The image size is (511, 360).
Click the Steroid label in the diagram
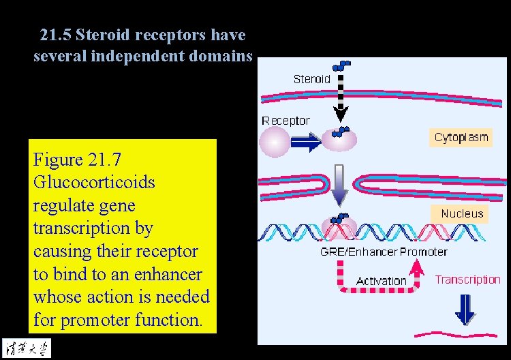coord(311,79)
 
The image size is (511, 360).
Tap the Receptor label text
coord(285,121)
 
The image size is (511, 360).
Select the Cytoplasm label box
coord(461,138)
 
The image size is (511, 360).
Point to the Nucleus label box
coord(461,213)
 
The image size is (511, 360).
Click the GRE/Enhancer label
coord(358,252)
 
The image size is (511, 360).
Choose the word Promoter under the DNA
coord(423,252)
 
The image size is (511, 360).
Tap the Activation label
coord(381,281)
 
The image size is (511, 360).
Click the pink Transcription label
coord(467,280)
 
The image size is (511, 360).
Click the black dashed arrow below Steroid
coord(341,95)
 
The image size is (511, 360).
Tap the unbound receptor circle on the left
coord(275,142)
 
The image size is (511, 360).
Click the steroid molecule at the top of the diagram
coord(341,65)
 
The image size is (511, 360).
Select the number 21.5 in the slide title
coord(55,34)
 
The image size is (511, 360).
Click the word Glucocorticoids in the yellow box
coord(94,183)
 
